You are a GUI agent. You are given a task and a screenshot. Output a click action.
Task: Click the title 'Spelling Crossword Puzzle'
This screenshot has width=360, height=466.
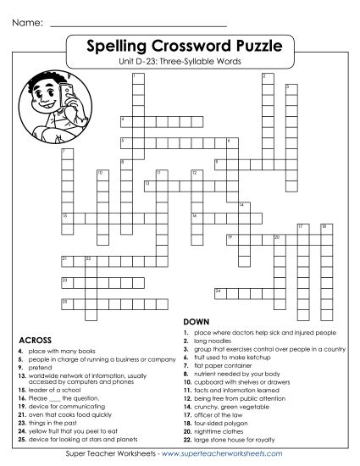tap(180, 46)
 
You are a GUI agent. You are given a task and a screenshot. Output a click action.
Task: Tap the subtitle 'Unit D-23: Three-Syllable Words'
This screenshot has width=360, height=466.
tap(180, 61)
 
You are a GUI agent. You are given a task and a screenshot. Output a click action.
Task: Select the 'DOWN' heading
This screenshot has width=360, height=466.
tap(196, 322)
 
